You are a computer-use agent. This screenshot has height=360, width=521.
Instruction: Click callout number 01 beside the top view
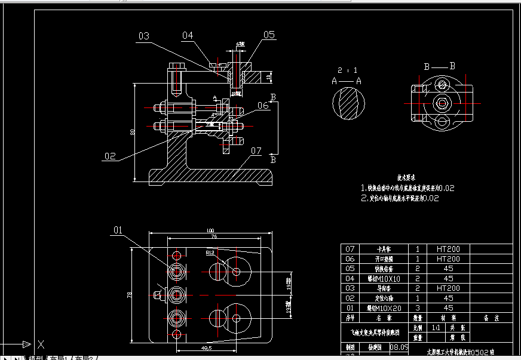click(118, 229)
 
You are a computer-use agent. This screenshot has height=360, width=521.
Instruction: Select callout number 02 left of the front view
click(109, 156)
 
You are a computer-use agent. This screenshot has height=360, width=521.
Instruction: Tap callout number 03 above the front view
click(144, 36)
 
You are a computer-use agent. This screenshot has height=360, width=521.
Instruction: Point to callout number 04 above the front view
click(188, 36)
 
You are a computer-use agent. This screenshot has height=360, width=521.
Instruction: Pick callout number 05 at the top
click(269, 35)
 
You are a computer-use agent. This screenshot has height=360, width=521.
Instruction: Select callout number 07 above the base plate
click(256, 150)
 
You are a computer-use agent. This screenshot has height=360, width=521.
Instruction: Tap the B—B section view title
click(439, 66)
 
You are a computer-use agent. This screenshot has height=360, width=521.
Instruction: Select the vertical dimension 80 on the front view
click(132, 133)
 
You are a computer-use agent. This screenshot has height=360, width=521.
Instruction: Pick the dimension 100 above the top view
click(210, 230)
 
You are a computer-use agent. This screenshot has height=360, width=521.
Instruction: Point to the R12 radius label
click(210, 253)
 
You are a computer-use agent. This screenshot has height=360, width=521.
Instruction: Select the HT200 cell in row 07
click(448, 250)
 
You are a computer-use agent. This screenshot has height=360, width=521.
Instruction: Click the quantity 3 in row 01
click(417, 307)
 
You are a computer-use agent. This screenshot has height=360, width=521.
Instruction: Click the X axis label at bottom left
click(41, 344)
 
